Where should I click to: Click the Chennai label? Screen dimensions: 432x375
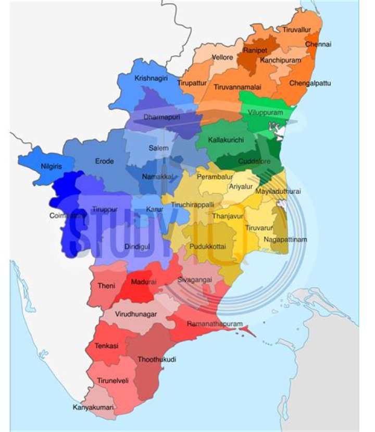coord(318,45)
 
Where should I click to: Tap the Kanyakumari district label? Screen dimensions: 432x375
coord(93,408)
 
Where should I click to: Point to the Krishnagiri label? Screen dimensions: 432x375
coord(151,78)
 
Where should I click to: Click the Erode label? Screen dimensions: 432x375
coord(104,162)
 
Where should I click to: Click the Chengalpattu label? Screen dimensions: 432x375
coord(310,83)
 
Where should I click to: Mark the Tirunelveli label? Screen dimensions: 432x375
coord(113,381)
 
